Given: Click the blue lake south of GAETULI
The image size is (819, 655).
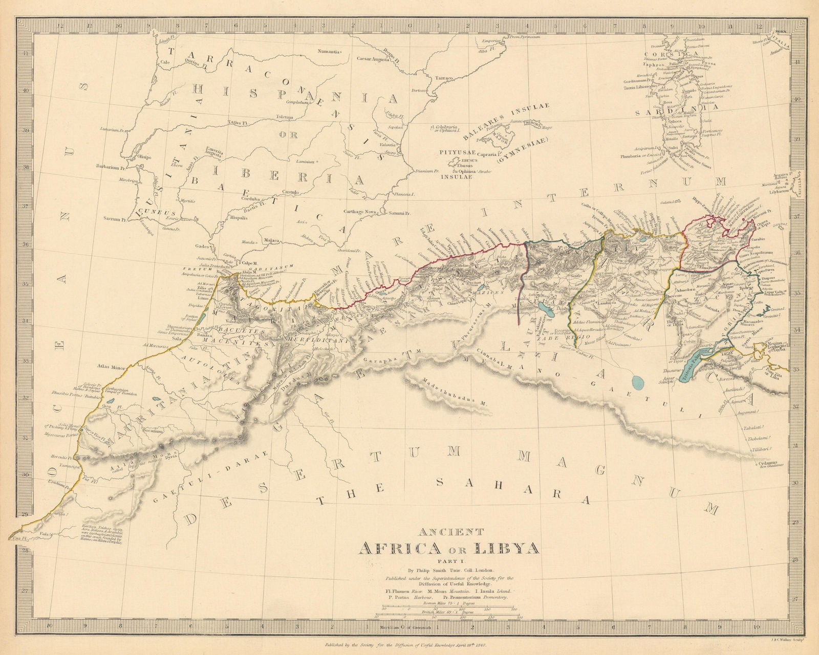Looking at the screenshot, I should (638, 381).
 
